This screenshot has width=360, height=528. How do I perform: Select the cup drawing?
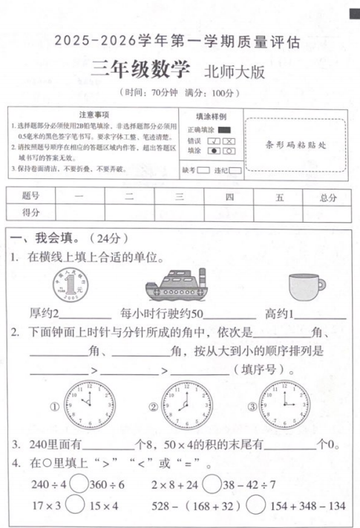pos(295,287)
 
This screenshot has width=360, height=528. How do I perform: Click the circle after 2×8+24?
pos(210,485)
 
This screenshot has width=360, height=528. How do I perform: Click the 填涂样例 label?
pos(211,116)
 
